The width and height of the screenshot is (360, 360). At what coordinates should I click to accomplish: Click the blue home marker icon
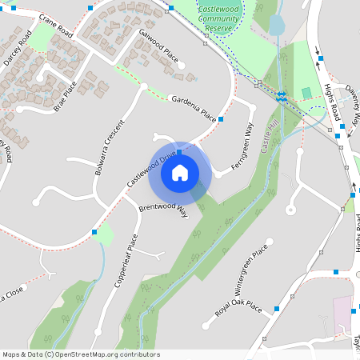click(179, 173)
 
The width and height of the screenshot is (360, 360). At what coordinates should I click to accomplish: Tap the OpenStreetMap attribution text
click(80, 354)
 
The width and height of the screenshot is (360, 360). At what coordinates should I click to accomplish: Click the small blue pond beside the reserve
click(276, 24)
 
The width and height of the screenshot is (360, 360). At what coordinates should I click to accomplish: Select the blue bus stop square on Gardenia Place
click(221, 119)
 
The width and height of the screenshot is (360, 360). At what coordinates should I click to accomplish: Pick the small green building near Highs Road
click(306, 93)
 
